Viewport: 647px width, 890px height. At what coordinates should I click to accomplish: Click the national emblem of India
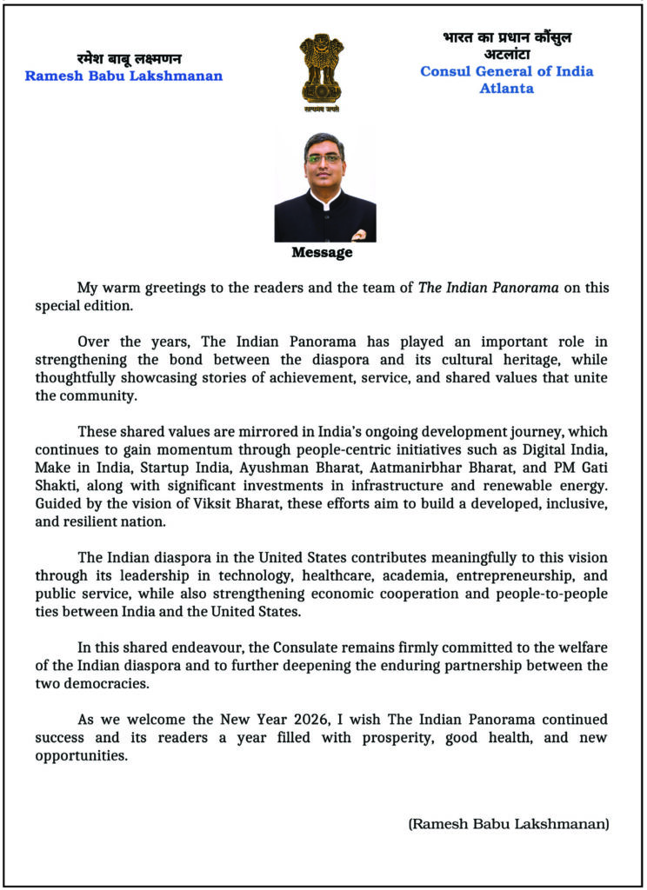point(322,71)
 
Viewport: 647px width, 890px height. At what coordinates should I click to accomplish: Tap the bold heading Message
point(322,253)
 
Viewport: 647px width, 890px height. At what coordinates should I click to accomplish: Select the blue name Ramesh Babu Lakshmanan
point(123,76)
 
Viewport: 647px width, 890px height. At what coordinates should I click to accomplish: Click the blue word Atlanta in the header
point(507,88)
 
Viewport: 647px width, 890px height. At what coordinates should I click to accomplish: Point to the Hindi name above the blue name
point(128,58)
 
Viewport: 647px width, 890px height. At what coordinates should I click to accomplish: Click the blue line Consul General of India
point(507,71)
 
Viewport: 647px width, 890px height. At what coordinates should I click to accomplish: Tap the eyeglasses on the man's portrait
point(323,159)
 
